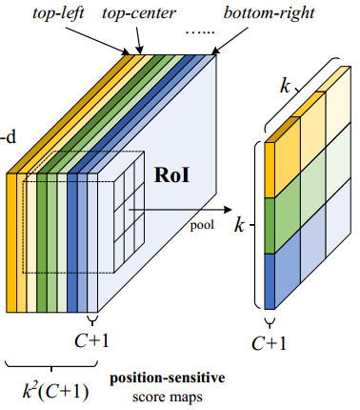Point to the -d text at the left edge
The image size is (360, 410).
pyautogui.click(x=10, y=134)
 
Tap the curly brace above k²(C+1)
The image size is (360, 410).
pyautogui.click(x=48, y=364)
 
